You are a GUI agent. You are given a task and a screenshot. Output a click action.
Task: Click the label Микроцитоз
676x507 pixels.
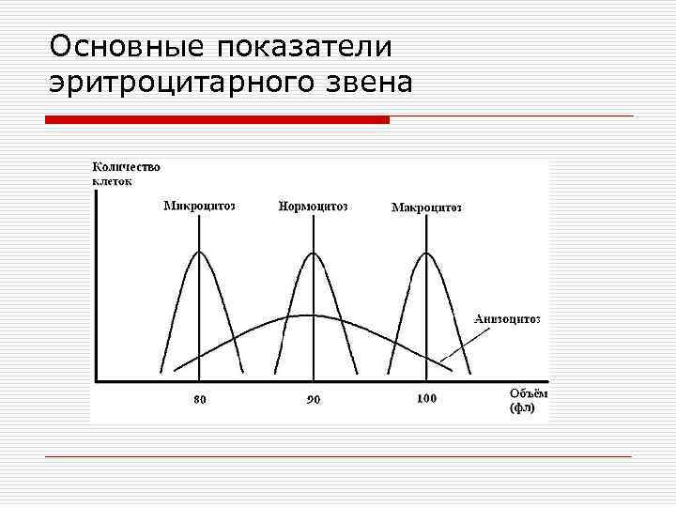coord(199,206)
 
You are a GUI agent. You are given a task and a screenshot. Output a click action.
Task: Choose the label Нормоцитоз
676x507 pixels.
coord(313,206)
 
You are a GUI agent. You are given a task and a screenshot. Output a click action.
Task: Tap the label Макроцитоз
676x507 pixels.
coord(426,207)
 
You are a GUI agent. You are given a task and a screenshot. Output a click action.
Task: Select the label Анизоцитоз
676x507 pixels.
coord(507,318)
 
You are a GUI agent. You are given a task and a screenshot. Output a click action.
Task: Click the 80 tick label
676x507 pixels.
coord(199,399)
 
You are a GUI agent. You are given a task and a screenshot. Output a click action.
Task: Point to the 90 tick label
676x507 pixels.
coord(313,399)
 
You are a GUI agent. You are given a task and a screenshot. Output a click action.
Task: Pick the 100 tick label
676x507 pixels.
coord(426,398)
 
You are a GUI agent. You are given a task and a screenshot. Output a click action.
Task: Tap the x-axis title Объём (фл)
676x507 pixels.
coord(527,401)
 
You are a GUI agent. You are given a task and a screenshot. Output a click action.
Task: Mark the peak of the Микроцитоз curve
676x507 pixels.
coord(199,252)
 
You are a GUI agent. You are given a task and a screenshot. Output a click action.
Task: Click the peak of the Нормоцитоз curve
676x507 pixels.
coord(313,252)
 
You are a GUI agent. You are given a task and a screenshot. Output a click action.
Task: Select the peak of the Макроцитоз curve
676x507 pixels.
coord(426,252)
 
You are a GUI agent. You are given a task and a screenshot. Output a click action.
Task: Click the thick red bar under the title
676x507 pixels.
coord(218,120)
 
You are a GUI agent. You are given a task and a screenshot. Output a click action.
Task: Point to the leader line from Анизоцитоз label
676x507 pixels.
coord(457,346)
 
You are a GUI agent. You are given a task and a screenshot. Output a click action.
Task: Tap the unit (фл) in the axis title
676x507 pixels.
coord(522,408)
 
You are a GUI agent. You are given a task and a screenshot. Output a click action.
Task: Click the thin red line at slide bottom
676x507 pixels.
coord(339,456)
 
